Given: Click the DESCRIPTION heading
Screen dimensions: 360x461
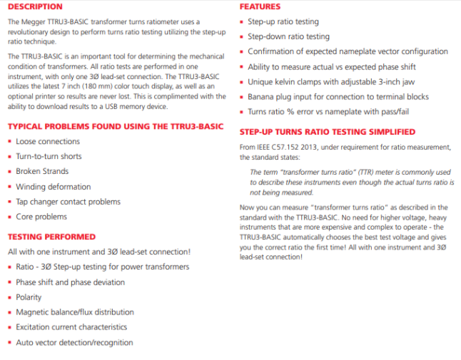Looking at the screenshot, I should coord(35,7).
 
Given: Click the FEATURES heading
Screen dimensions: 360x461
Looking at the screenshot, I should coord(260,7).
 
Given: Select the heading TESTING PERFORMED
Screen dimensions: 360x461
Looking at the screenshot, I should coord(51,237).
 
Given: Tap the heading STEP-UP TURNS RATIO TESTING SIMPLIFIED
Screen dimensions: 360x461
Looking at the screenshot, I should coord(328,132).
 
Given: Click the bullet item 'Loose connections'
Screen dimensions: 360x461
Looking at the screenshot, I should coord(48,141).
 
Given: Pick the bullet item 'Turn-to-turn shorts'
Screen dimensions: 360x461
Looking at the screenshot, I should coord(49,156).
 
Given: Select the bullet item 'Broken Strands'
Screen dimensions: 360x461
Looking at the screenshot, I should coord(42,171).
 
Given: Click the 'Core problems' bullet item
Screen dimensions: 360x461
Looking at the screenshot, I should coord(41,216).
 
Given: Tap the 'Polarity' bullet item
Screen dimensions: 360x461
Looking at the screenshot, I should coord(29,297).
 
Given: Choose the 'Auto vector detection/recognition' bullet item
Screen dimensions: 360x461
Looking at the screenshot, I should coord(74,342).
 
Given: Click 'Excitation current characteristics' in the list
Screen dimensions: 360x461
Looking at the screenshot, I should coord(71,327).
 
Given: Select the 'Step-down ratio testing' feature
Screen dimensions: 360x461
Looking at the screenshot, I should coord(288,36).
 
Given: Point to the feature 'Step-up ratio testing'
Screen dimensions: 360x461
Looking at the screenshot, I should coord(283,22).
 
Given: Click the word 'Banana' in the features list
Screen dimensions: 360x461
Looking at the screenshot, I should coord(262,96).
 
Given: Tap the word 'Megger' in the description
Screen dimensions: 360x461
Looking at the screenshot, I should coord(33,21).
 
